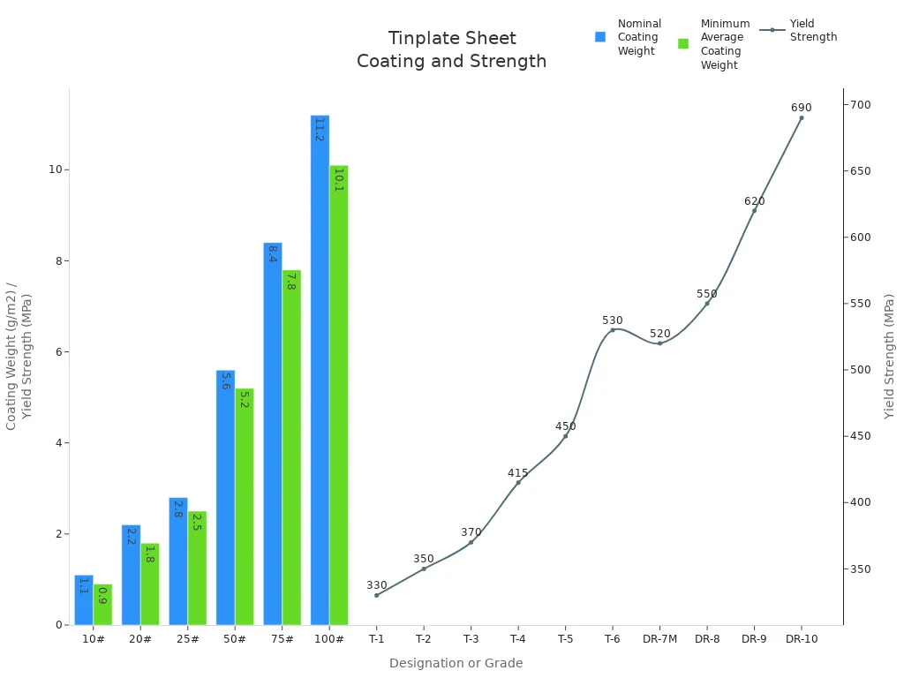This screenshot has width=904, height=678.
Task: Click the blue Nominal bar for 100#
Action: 320,371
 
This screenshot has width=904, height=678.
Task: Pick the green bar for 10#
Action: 102,605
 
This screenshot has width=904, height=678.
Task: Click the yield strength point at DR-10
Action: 801,117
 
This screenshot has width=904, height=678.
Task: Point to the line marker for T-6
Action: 613,330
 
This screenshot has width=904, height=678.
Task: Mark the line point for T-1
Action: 377,595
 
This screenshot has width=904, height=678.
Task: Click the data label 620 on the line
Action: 754,201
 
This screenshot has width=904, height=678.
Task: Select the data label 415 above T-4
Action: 518,473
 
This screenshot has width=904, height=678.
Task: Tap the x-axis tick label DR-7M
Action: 659,639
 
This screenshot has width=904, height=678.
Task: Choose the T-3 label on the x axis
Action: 471,639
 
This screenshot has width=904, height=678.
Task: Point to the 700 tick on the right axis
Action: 861,105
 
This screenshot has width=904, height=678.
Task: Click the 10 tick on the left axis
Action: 54,169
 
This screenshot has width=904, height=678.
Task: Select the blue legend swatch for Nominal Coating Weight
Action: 600,37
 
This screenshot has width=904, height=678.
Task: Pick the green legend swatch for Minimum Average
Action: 683,44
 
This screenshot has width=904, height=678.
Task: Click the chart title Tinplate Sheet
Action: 452,39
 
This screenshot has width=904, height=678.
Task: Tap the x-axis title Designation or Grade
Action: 456,663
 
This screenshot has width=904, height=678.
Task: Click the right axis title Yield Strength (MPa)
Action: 889,356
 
